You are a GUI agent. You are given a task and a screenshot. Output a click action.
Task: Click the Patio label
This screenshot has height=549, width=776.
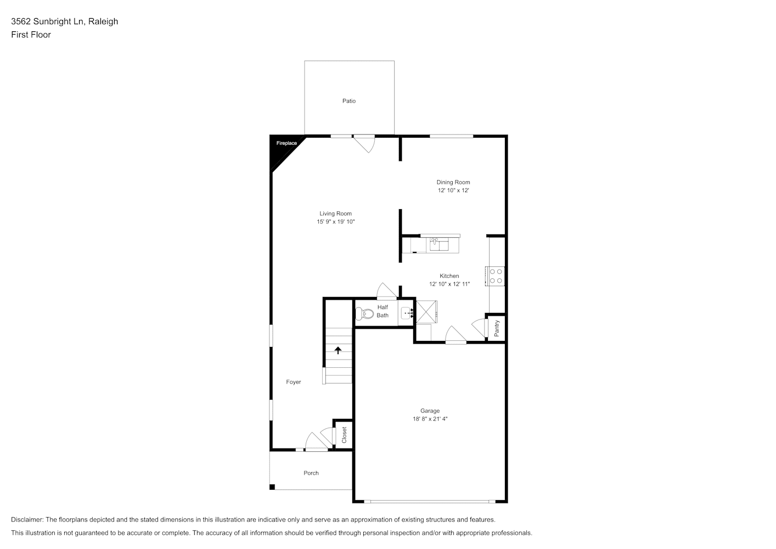[349, 101]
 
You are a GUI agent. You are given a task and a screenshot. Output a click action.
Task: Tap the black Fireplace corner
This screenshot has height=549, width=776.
[282, 148]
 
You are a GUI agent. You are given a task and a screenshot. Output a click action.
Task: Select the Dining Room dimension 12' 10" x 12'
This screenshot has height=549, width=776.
[453, 191]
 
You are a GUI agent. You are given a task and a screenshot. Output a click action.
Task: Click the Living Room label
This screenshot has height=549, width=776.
[335, 214]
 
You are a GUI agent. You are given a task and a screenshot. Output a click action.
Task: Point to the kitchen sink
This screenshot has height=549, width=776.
[439, 244]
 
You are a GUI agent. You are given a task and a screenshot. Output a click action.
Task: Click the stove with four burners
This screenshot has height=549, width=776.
[495, 276]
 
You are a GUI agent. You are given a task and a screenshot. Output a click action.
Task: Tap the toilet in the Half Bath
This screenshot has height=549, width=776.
[364, 313]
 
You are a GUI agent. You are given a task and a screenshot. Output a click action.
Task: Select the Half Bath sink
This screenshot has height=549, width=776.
[407, 313]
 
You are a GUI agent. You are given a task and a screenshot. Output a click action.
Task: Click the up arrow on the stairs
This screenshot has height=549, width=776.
[338, 350]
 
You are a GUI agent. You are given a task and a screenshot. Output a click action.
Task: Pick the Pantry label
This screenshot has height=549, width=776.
[497, 328]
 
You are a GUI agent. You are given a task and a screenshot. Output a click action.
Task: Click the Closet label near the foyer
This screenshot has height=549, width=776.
[344, 435]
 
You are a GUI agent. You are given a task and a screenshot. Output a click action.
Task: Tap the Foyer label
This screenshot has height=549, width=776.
[294, 382]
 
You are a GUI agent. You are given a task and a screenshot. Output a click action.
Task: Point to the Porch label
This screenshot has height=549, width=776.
[311, 473]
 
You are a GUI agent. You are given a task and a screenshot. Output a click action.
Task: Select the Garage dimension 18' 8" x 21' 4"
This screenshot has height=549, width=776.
[430, 419]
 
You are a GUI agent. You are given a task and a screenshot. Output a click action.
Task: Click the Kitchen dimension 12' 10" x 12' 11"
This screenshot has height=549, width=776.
[449, 284]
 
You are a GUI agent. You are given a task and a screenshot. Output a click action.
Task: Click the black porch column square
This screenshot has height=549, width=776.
[272, 487]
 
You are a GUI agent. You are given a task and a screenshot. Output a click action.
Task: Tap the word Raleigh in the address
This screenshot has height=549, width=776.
[103, 21]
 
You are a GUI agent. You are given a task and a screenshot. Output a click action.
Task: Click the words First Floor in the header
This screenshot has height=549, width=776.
[31, 35]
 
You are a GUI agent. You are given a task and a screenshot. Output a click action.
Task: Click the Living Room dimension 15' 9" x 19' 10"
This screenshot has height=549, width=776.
[336, 221]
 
